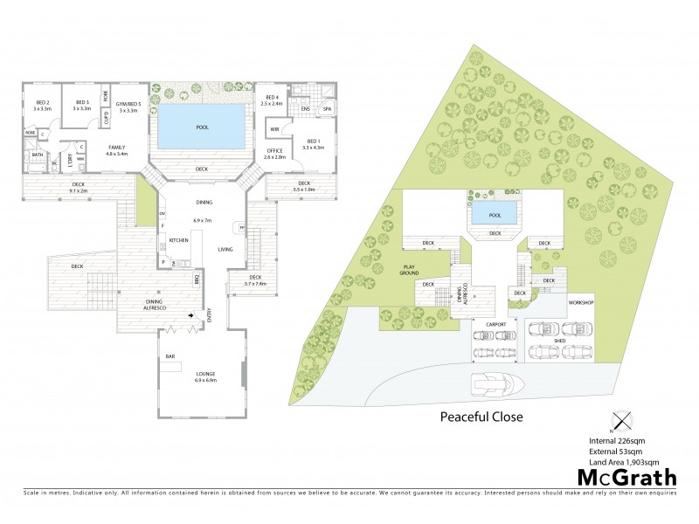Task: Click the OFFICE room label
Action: pyautogui.click(x=275, y=154)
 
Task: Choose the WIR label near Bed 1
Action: pyautogui.click(x=274, y=130)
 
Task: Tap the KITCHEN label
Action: pyautogui.click(x=179, y=239)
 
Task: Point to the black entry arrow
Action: pyautogui.click(x=191, y=316)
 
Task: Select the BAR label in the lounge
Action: pyautogui.click(x=170, y=356)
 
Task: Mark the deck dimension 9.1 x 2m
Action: pyautogui.click(x=78, y=187)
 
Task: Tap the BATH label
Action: pyautogui.click(x=38, y=155)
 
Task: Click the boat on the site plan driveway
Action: pyautogui.click(x=495, y=384)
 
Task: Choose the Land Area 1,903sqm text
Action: pyautogui.click(x=623, y=460)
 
